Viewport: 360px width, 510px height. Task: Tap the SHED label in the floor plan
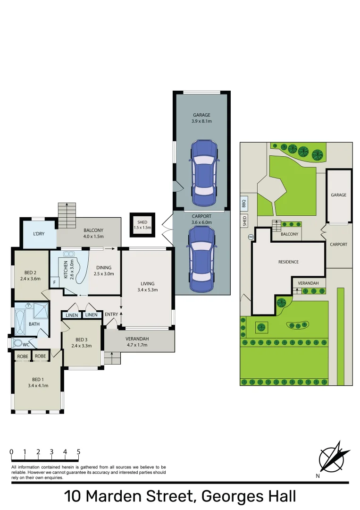[x=142, y=222]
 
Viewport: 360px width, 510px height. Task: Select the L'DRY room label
[x=39, y=235]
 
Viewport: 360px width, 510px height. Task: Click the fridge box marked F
[x=55, y=283]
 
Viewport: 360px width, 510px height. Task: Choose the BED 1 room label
[x=38, y=379]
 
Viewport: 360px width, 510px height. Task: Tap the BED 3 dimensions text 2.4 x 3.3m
[x=81, y=346]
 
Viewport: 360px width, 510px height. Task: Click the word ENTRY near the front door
[x=111, y=314]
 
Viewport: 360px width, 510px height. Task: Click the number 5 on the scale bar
[x=78, y=452]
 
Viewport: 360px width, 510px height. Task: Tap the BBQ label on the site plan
[x=244, y=204]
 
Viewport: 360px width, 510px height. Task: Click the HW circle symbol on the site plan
[x=251, y=237]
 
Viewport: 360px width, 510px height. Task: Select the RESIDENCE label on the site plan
[x=288, y=262]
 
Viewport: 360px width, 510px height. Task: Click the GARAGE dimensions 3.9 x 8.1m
[x=201, y=121]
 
